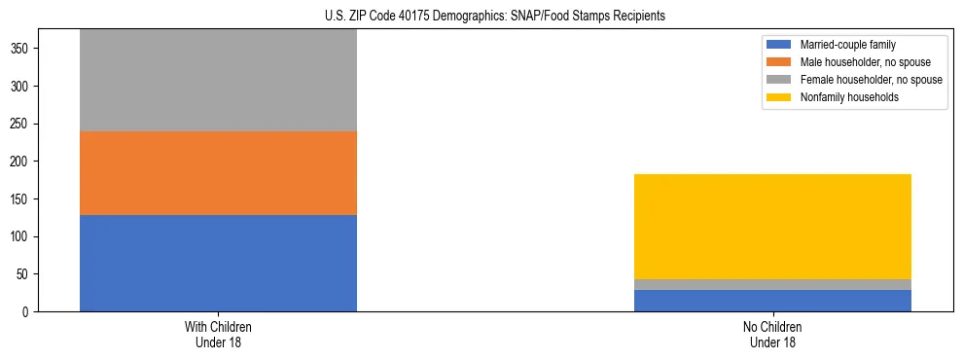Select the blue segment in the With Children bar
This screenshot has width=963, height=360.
point(218,263)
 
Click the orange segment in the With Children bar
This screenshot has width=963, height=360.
point(218,173)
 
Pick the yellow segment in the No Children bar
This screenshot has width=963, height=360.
point(772,227)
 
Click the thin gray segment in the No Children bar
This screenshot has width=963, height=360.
point(772,284)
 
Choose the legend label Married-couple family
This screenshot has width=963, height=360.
point(847,45)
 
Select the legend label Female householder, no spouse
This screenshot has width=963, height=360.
point(870,80)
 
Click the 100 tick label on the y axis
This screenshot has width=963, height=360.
point(26,236)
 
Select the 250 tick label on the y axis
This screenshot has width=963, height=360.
point(26,124)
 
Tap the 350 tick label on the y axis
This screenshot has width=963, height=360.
point(26,49)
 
